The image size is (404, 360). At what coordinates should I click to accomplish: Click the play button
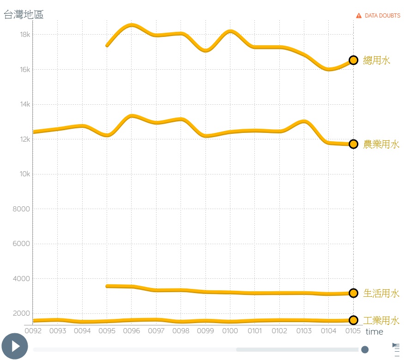tap(15, 346)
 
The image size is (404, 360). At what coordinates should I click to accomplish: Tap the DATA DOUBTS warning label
tap(378, 15)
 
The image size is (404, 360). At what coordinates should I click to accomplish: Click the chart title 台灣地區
tap(24, 14)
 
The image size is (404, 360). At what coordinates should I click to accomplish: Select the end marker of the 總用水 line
tap(353, 60)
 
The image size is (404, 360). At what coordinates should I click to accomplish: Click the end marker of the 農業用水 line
tap(353, 144)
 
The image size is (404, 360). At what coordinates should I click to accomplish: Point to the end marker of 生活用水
tap(353, 293)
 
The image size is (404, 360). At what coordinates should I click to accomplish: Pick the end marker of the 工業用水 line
tap(353, 320)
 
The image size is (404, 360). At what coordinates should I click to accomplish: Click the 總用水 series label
tap(376, 60)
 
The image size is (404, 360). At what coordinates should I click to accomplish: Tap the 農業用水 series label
tap(381, 144)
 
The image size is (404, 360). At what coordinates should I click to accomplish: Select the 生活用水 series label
tap(381, 293)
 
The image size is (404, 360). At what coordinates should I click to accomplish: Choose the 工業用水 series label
tap(381, 320)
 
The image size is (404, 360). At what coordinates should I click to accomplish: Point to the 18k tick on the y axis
tap(25, 35)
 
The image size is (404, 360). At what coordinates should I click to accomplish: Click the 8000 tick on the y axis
tap(21, 209)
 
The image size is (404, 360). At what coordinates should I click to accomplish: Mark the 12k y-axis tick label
tap(25, 139)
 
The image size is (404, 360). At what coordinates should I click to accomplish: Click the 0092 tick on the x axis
tap(33, 330)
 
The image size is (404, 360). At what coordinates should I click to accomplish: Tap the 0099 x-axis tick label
tap(205, 330)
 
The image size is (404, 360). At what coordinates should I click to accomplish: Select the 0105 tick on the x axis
tap(353, 330)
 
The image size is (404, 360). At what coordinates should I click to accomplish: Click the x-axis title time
tap(374, 332)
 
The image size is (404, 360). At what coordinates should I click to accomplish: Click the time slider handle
tap(365, 349)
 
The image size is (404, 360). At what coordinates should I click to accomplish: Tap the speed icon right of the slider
tap(396, 349)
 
